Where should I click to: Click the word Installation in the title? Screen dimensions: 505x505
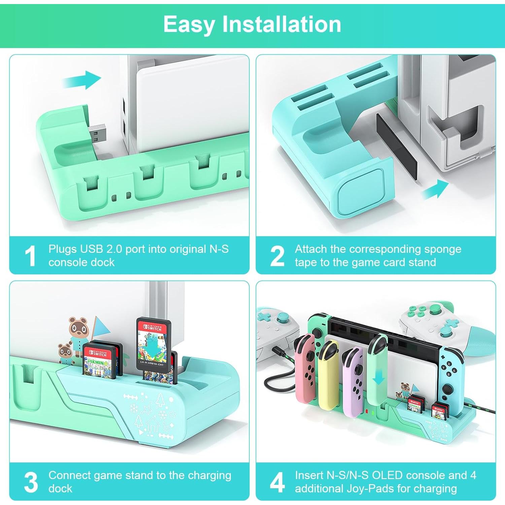(x=281, y=24)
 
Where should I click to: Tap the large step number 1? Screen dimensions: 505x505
(x=31, y=256)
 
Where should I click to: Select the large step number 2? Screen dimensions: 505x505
(x=277, y=256)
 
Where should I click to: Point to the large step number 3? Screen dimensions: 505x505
(x=31, y=482)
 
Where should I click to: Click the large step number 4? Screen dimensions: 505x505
(x=277, y=482)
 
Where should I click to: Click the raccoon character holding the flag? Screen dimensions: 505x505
(x=79, y=332)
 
